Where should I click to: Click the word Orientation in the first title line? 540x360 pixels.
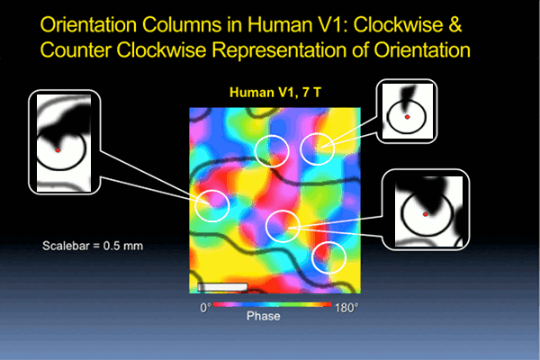(88, 25)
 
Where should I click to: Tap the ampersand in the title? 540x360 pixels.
(454, 25)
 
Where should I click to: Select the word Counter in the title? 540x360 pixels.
(76, 50)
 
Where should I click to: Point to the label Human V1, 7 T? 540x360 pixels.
(275, 93)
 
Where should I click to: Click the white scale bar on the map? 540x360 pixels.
(222, 286)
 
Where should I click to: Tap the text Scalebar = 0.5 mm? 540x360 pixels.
(93, 246)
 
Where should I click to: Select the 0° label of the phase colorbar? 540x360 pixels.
(205, 307)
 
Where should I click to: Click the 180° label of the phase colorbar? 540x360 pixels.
(346, 307)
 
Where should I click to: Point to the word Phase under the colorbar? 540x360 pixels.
(263, 316)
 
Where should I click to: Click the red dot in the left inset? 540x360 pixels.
(58, 150)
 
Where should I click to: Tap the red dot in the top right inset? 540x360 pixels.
(407, 117)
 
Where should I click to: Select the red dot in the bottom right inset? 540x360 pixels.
(425, 214)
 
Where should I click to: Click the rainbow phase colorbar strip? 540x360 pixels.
(272, 304)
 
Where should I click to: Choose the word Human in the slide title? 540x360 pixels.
(279, 25)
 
